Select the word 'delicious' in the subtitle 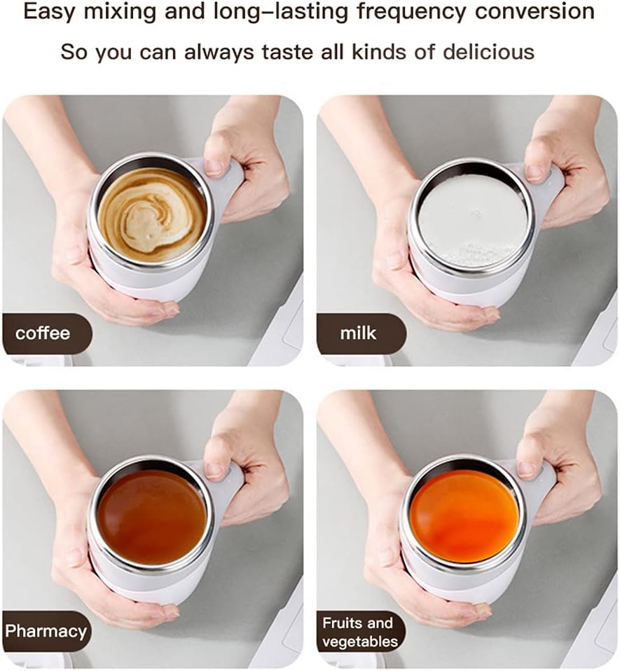click(x=488, y=53)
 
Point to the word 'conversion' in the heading click(x=535, y=11)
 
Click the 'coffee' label click(x=42, y=333)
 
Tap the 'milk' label click(x=358, y=333)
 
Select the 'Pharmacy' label click(x=46, y=631)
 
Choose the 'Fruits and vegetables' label click(x=360, y=632)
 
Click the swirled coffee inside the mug click(x=152, y=214)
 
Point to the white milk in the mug click(x=472, y=221)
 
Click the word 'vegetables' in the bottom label click(x=360, y=642)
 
